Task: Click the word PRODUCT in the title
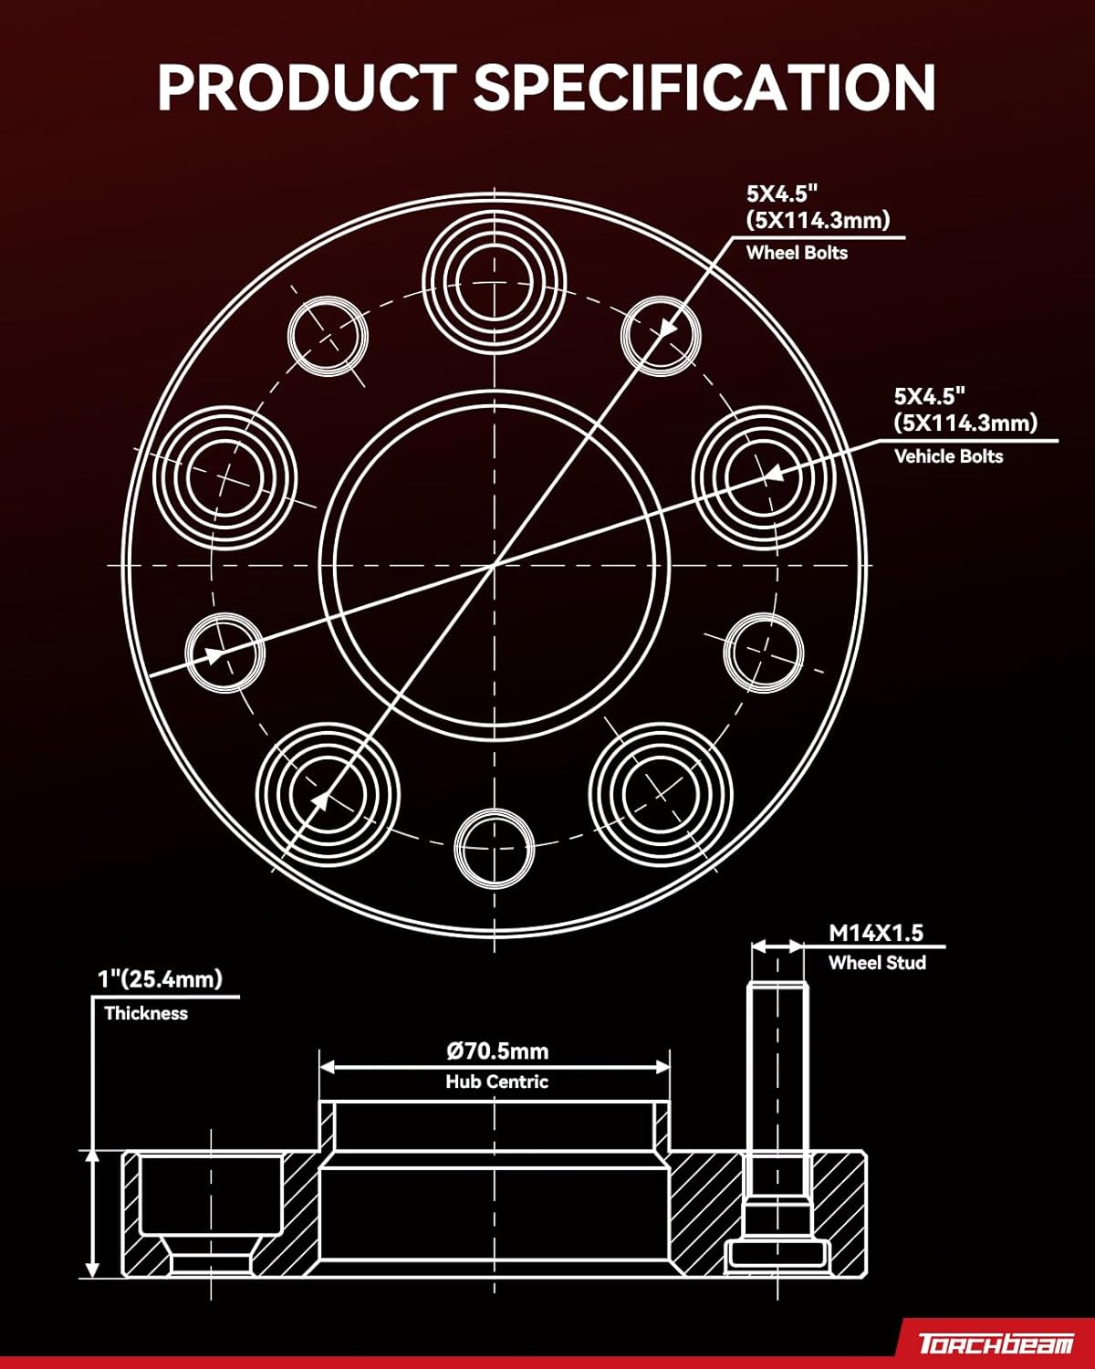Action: [x=305, y=88]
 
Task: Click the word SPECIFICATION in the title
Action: [x=704, y=88]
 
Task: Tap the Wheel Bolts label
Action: [x=797, y=253]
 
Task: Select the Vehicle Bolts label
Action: [x=948, y=456]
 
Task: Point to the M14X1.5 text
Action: [x=876, y=933]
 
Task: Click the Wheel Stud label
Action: [x=877, y=963]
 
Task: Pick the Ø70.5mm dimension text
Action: [x=497, y=1050]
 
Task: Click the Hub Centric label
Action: [x=496, y=1082]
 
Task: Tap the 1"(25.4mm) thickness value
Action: [x=160, y=979]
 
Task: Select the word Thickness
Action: [x=146, y=1013]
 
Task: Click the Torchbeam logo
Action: [x=996, y=1343]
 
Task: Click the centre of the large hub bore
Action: [x=495, y=566]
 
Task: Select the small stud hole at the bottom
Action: [x=494, y=848]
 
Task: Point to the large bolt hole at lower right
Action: [x=661, y=791]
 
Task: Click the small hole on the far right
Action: [x=764, y=653]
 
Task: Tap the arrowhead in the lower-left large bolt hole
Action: [x=320, y=799]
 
